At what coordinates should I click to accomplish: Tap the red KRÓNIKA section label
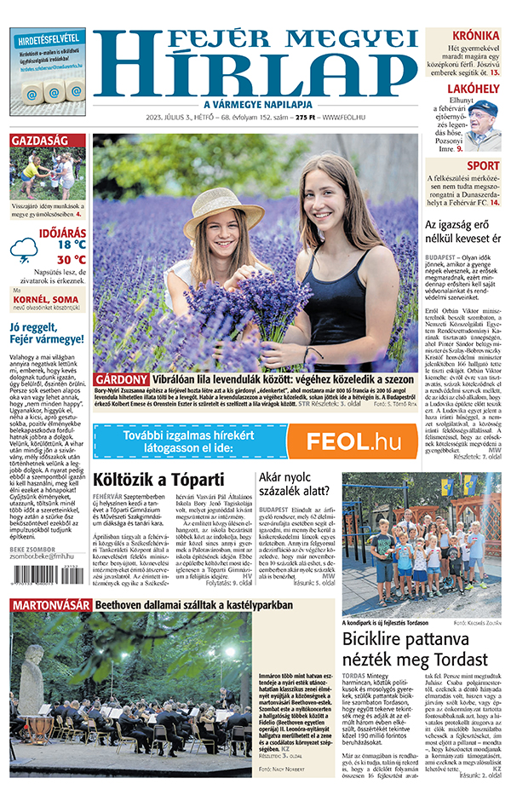[476, 36]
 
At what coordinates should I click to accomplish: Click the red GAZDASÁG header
[39, 140]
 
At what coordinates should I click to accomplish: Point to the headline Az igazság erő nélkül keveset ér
[462, 232]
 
